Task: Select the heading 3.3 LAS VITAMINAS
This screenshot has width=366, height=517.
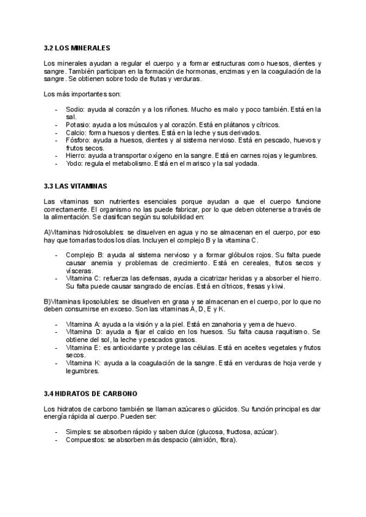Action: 77,185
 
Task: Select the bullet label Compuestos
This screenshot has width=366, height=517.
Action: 84,440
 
